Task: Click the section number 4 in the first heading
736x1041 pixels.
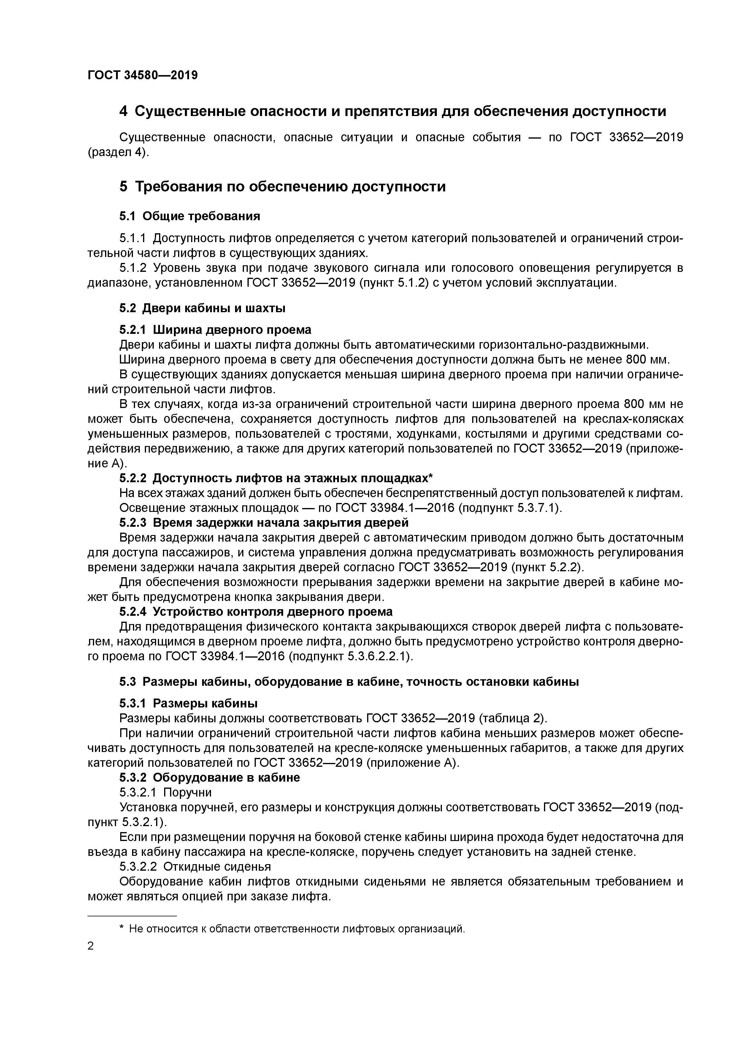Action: (x=123, y=111)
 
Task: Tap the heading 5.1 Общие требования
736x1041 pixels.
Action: (x=190, y=216)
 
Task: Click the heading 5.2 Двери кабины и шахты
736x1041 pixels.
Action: (x=202, y=308)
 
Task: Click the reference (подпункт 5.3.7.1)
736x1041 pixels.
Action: (x=510, y=508)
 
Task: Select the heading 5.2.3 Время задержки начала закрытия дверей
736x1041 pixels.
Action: (x=264, y=523)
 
